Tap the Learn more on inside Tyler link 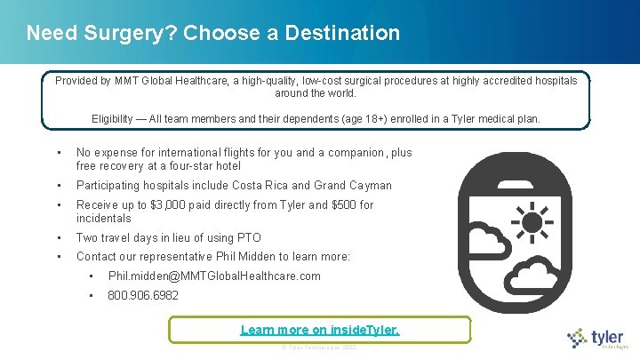pyautogui.click(x=320, y=330)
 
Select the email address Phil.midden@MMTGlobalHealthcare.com pyautogui.click(x=214, y=276)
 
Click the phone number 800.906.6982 pyautogui.click(x=143, y=295)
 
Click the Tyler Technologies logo pyautogui.click(x=598, y=339)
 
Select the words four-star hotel pyautogui.click(x=205, y=166)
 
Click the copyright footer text pyautogui.click(x=319, y=347)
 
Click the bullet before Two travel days pyautogui.click(x=57, y=237)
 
